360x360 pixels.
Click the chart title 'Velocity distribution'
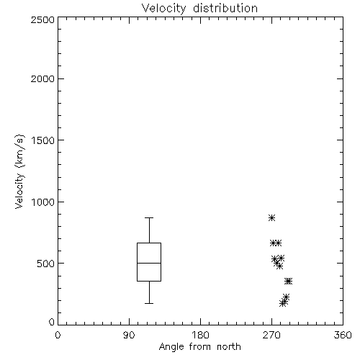tap(199, 8)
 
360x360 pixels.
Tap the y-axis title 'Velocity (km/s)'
tap(19, 171)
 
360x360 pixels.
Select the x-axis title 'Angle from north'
tap(199, 346)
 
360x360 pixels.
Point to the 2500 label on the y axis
tap(42, 19)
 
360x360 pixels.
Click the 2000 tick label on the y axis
tap(42, 78)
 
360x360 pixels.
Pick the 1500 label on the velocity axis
tap(43, 140)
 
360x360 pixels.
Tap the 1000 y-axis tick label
tap(43, 202)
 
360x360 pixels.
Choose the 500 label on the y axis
tap(45, 264)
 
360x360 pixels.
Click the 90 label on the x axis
tap(129, 335)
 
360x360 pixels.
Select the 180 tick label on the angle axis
tap(200, 335)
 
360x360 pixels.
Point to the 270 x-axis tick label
tap(271, 335)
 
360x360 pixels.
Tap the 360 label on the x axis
tap(343, 335)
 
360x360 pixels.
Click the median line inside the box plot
tap(149, 263)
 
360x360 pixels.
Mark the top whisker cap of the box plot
tap(149, 217)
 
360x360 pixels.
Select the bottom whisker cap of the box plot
tap(149, 303)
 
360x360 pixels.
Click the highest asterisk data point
tap(271, 217)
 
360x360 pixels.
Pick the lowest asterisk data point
tap(283, 303)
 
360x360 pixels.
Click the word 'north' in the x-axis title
tap(229, 346)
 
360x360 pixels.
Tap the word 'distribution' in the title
tap(225, 8)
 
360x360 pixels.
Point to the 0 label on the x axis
tap(58, 335)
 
